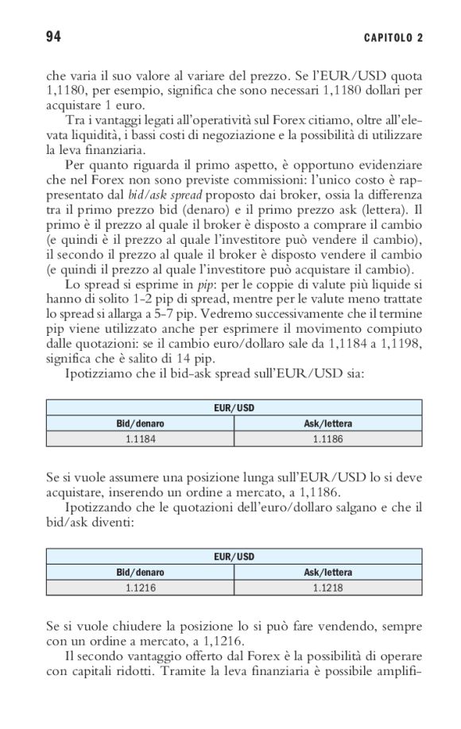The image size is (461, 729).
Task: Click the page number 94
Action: coord(55,37)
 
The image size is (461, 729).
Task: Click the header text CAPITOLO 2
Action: coord(393,38)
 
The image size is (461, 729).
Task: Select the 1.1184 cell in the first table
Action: coord(140,438)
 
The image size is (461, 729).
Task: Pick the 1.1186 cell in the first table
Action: coord(327,438)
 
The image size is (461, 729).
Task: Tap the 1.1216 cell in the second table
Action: coord(140,587)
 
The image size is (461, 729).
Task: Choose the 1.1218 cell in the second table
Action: coord(327,587)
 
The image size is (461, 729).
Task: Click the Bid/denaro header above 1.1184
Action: coord(140,423)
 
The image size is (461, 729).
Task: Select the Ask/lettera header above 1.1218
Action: coord(327,573)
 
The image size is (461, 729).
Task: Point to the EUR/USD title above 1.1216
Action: coord(234,557)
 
